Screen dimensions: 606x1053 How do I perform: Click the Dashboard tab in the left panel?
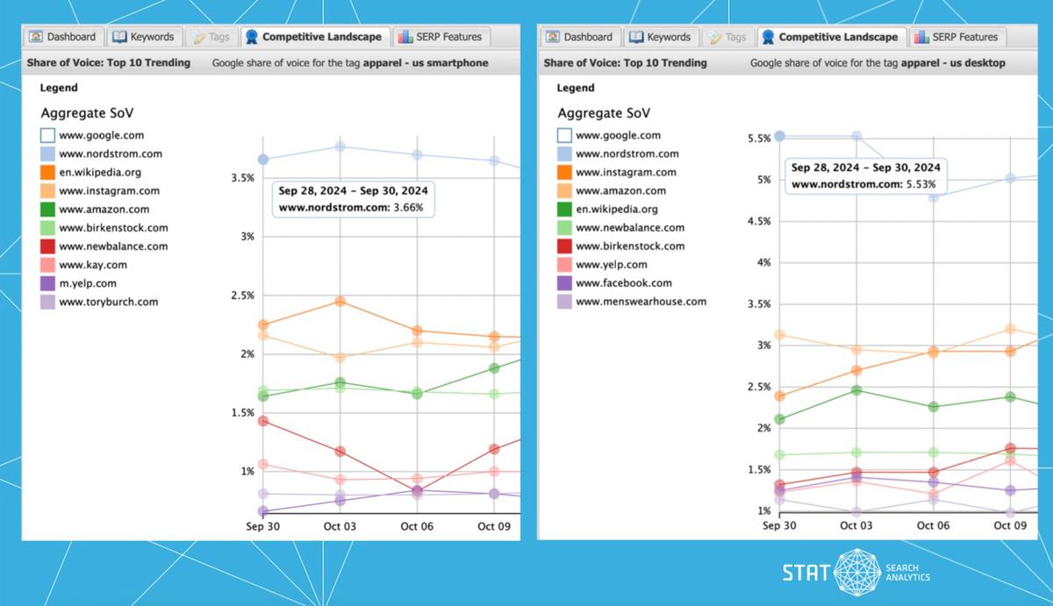tap(62, 37)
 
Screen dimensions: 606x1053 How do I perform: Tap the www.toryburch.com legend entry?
tap(108, 302)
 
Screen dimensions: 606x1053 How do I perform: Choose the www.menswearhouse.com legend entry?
tap(641, 302)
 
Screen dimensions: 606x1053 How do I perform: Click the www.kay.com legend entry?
tap(93, 265)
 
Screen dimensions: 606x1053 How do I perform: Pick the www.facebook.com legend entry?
tap(623, 283)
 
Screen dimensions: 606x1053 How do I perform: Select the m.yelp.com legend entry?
tap(88, 283)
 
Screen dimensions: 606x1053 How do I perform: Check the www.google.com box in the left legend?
tap(48, 136)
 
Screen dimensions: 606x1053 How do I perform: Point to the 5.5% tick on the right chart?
tap(758, 139)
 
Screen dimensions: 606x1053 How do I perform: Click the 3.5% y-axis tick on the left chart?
tap(241, 178)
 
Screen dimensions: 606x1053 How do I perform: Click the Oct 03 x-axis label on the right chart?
tap(856, 525)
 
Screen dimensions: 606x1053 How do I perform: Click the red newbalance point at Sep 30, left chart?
tap(262, 421)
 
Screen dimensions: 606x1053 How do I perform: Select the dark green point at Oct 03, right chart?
tap(856, 390)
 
